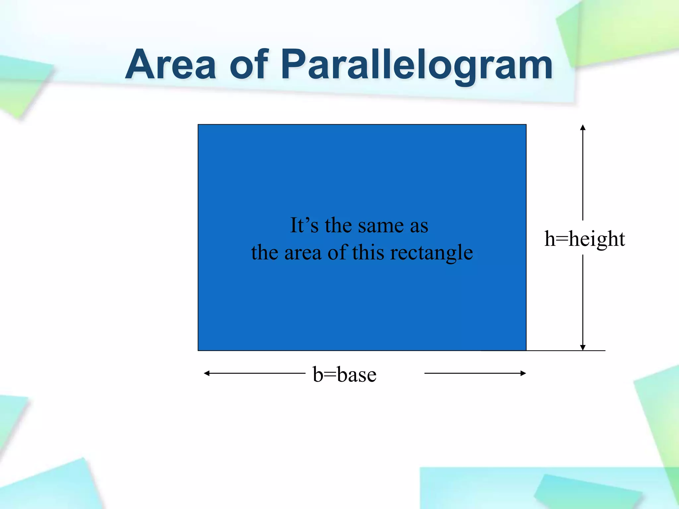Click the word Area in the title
(171, 65)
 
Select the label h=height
(585, 239)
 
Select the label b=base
(344, 375)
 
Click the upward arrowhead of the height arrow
(583, 128)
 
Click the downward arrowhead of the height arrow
(583, 347)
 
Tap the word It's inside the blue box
(304, 225)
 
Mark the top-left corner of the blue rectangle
(198, 125)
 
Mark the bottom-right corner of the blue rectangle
(526, 350)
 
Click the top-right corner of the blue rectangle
(526, 125)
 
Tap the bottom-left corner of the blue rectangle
(198, 350)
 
